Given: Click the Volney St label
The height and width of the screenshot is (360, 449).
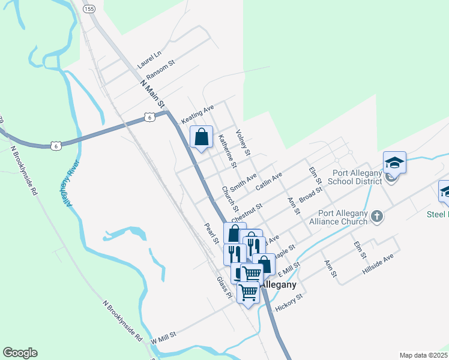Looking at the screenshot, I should tap(243, 142).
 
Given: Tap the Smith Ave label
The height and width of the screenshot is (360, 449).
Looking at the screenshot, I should tap(243, 181).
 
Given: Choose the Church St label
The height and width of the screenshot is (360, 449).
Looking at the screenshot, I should tap(230, 199).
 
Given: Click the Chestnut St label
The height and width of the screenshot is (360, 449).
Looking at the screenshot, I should tap(247, 213).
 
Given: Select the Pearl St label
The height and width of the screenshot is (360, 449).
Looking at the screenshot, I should tap(211, 233).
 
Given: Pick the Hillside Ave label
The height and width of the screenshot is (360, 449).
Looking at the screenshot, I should tap(378, 264).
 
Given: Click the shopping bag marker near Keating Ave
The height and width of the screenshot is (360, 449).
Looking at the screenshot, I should tap(202, 137).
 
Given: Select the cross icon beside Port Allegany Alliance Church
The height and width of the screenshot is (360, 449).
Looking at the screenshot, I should tap(376, 216).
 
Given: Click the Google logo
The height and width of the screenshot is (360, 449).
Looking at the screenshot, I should tap(20, 353).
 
